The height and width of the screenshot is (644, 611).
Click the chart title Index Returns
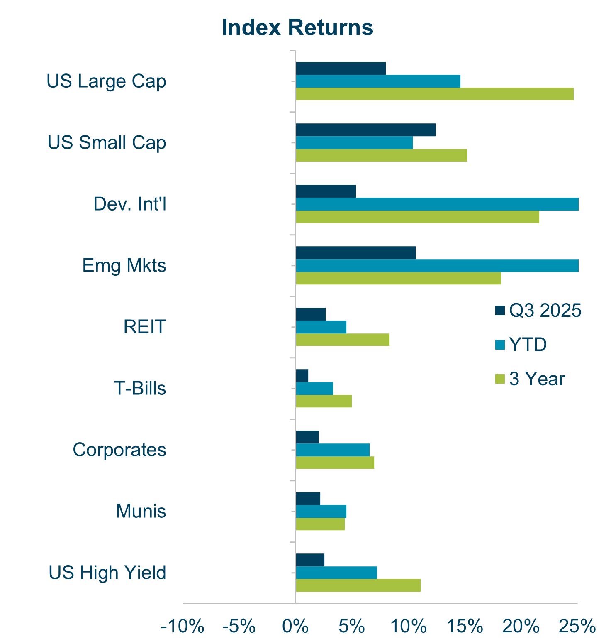(x=297, y=28)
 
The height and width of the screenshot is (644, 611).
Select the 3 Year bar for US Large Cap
(x=435, y=94)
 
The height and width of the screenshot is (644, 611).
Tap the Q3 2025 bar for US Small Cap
(x=366, y=130)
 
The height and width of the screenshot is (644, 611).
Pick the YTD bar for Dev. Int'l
(x=437, y=204)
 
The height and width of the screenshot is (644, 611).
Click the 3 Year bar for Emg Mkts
(x=398, y=279)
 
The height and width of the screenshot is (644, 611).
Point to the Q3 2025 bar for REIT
(x=311, y=314)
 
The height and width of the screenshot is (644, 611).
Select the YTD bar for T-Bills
(x=314, y=389)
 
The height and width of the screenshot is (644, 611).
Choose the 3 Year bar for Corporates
(x=335, y=463)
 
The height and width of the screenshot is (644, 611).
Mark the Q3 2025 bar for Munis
(x=308, y=499)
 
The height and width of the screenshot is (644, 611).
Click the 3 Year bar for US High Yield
(x=358, y=585)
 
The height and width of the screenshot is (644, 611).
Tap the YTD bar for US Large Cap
(x=378, y=81)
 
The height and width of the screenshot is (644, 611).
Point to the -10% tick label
(x=183, y=626)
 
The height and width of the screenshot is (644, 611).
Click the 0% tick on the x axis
(x=295, y=626)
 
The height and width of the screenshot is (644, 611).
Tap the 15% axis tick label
(x=465, y=626)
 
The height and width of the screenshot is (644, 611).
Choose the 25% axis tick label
(x=577, y=626)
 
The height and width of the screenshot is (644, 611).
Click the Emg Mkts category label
(x=124, y=266)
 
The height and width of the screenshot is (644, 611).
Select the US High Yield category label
(x=107, y=573)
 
